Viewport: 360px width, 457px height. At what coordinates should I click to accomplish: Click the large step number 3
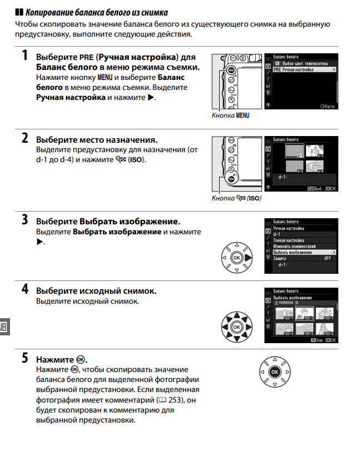pos(25,219)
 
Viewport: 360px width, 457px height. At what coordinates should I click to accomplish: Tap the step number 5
pos(25,358)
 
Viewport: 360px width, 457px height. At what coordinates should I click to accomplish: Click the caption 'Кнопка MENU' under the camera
pos(231,115)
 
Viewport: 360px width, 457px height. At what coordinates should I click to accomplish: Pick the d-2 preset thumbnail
pos(317,150)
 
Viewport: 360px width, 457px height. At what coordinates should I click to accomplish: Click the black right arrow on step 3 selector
pos(248,258)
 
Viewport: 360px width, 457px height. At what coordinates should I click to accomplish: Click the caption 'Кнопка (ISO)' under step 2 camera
pos(236,198)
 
